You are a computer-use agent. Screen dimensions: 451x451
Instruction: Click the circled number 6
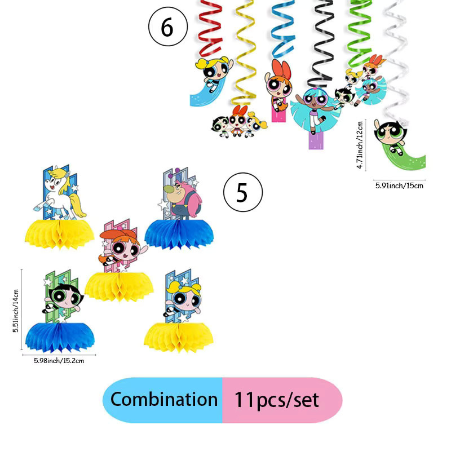pos(168,26)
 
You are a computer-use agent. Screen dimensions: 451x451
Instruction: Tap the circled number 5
pos(243,192)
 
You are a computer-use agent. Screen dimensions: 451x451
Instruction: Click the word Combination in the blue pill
pos(164,400)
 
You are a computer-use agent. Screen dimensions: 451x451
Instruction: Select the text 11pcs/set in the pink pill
pos(276,400)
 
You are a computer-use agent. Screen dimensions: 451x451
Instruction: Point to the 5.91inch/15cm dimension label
pos(399,185)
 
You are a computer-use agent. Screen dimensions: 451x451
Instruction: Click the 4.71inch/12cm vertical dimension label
pos(360,145)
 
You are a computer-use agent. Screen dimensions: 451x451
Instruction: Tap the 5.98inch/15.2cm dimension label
pos(59,361)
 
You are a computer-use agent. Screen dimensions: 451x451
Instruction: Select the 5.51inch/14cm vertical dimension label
pos(16,311)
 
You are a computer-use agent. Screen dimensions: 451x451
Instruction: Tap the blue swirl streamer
pos(283,29)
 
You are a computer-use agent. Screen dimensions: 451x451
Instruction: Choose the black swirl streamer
pos(322,43)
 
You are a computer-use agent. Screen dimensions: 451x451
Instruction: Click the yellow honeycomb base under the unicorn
pos(60,233)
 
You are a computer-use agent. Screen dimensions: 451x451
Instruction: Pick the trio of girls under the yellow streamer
pos(239,122)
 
